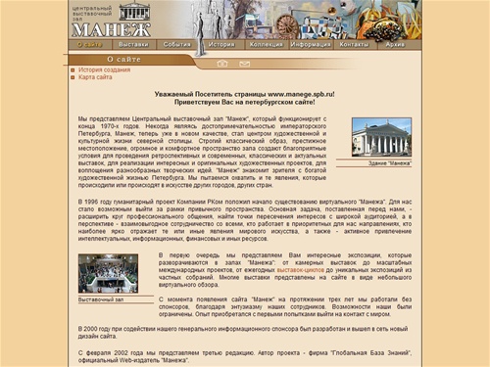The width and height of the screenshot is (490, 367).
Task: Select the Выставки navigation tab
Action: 133,44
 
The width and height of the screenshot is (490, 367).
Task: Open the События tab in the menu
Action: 177,44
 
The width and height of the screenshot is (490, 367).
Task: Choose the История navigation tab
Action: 221,44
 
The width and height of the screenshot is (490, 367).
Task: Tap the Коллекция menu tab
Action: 266,44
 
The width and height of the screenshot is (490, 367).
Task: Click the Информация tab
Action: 311,44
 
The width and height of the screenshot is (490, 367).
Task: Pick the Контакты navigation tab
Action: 354,44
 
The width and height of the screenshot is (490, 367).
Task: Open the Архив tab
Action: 395,44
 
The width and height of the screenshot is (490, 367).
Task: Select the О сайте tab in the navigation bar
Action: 89,44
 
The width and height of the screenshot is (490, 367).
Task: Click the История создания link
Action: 104,70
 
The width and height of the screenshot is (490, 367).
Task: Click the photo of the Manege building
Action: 381,137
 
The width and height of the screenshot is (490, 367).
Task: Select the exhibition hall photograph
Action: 108,272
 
